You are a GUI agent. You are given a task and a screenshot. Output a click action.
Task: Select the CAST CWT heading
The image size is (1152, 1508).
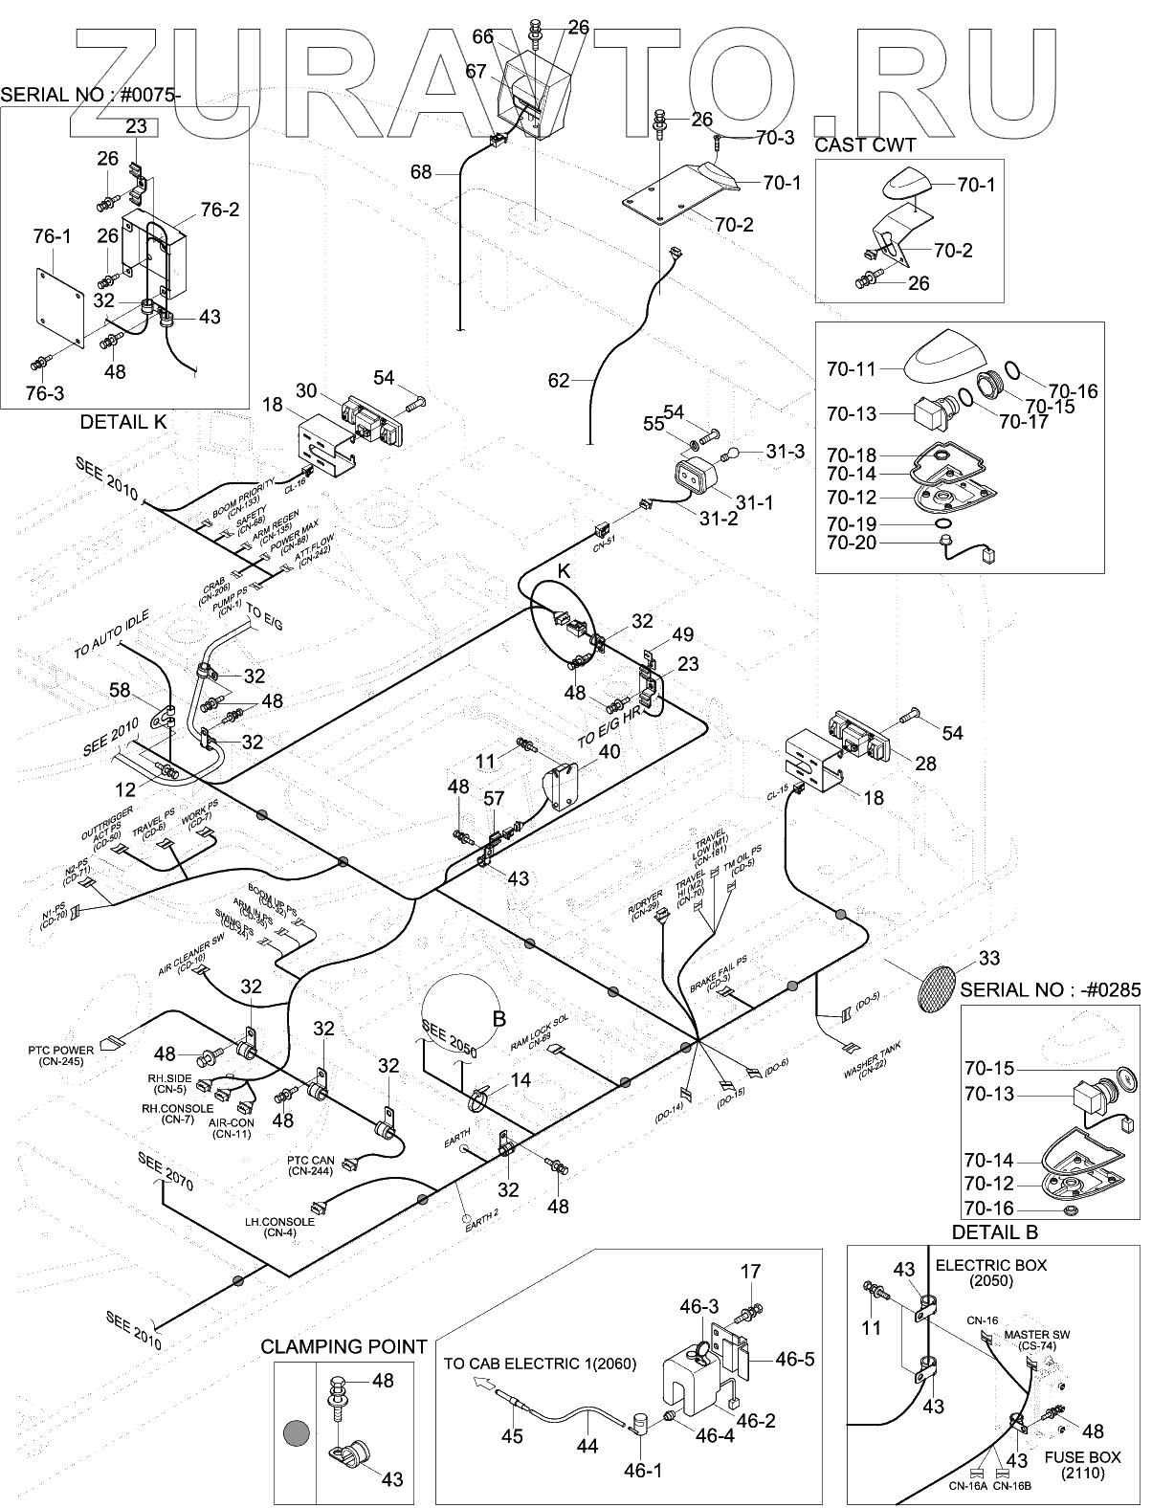pyautogui.click(x=865, y=145)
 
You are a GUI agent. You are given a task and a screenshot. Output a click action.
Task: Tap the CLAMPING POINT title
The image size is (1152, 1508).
pyautogui.click(x=343, y=1346)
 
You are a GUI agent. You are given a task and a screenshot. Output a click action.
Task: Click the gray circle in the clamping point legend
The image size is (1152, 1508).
pyautogui.click(x=296, y=1433)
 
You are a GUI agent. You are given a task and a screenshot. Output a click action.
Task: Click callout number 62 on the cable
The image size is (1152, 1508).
pyautogui.click(x=559, y=381)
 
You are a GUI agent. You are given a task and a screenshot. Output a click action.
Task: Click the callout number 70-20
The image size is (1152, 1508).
pyautogui.click(x=853, y=544)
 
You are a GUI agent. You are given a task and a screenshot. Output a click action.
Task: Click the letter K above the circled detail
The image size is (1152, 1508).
pyautogui.click(x=564, y=571)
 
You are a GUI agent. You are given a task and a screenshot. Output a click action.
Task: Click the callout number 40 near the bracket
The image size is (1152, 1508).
pyautogui.click(x=609, y=751)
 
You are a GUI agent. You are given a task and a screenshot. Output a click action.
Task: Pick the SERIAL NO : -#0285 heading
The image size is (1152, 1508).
pyautogui.click(x=1050, y=990)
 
